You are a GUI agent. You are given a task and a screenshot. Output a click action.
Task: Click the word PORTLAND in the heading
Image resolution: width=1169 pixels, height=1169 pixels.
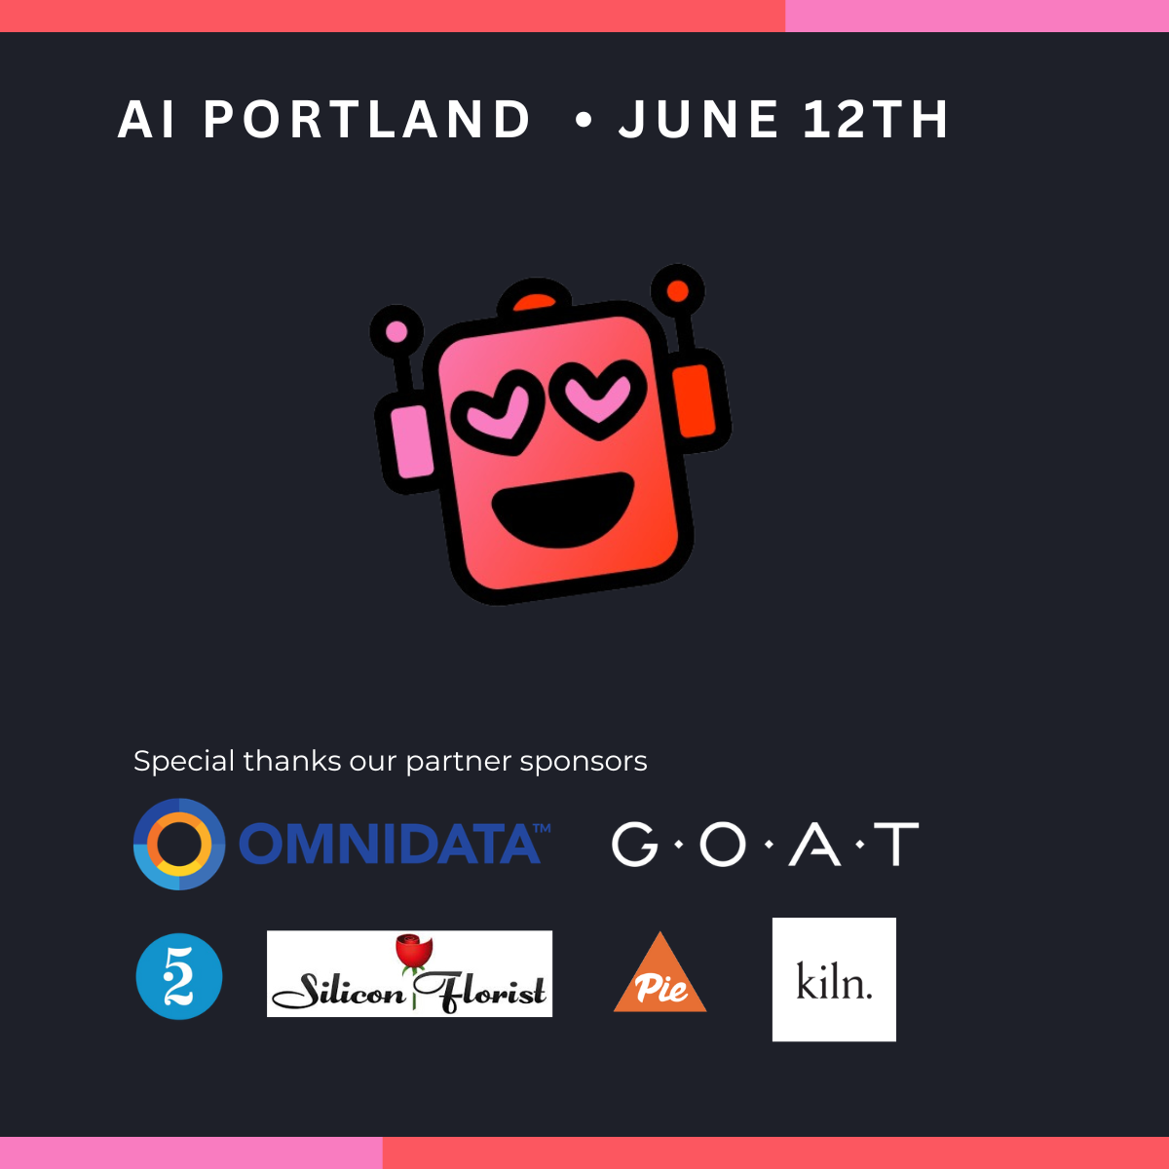[367, 120]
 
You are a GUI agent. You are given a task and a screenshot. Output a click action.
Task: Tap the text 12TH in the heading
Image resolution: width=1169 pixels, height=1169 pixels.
[876, 120]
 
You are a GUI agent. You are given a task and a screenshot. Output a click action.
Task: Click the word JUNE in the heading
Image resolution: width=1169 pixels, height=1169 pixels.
[698, 120]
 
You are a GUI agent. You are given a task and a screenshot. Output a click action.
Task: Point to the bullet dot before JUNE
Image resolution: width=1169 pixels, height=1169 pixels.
[583, 120]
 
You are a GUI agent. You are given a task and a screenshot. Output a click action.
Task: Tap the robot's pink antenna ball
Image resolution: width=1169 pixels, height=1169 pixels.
[396, 332]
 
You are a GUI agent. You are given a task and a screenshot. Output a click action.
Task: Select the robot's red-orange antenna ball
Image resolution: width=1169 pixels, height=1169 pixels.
[678, 291]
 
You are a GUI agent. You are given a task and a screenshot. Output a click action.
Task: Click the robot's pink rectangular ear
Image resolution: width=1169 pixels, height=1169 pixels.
[412, 441]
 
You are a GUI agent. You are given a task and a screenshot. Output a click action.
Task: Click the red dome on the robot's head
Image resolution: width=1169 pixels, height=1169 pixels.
[535, 302]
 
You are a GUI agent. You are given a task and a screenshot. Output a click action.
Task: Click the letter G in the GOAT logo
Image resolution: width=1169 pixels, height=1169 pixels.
[634, 844]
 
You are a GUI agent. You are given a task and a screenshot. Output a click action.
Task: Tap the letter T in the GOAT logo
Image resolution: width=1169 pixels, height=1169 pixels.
[896, 844]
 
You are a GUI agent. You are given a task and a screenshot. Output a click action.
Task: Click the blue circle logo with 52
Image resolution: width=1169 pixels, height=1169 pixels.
[179, 977]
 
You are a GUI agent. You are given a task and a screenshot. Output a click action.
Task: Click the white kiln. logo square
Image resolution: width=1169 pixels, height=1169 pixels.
[834, 979]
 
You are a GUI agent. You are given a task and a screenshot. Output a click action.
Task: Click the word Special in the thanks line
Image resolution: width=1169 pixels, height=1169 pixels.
[184, 762]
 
